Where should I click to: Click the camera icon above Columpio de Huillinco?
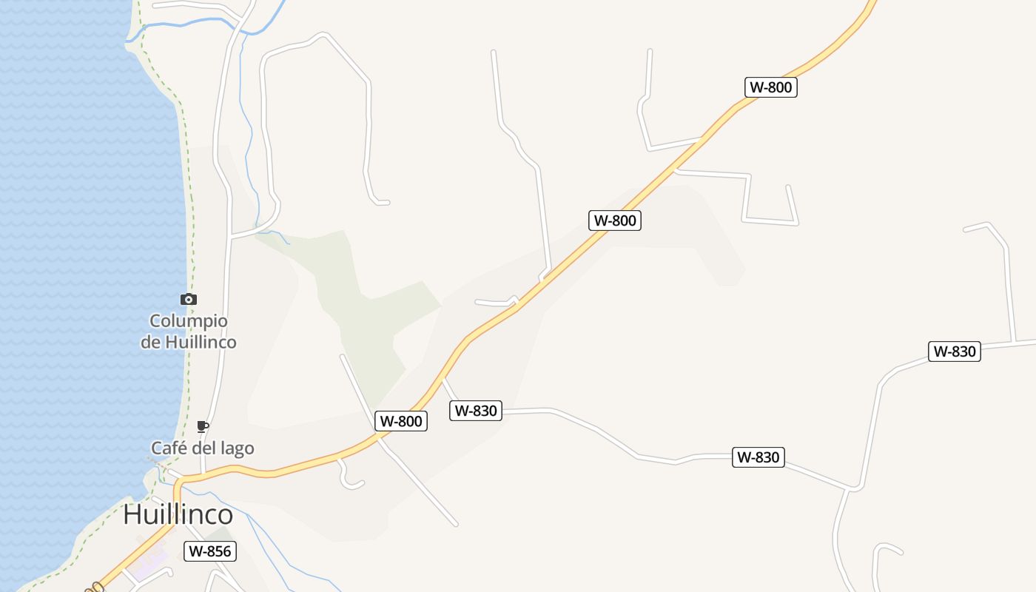pyautogui.click(x=189, y=300)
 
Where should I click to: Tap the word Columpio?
pyautogui.click(x=189, y=321)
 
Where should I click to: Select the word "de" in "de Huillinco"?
pyautogui.click(x=150, y=342)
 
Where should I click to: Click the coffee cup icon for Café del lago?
pyautogui.click(x=203, y=426)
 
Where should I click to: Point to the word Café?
pyautogui.click(x=168, y=448)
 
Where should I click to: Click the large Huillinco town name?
pyautogui.click(x=178, y=514)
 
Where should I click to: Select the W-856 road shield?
pyautogui.click(x=210, y=551)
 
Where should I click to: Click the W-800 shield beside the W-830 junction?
pyautogui.click(x=401, y=421)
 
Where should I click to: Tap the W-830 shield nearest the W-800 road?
pyautogui.click(x=476, y=410)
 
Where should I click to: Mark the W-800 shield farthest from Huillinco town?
pyautogui.click(x=771, y=87)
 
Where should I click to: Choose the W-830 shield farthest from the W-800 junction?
pyautogui.click(x=955, y=351)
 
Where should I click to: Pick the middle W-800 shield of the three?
pyautogui.click(x=615, y=220)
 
